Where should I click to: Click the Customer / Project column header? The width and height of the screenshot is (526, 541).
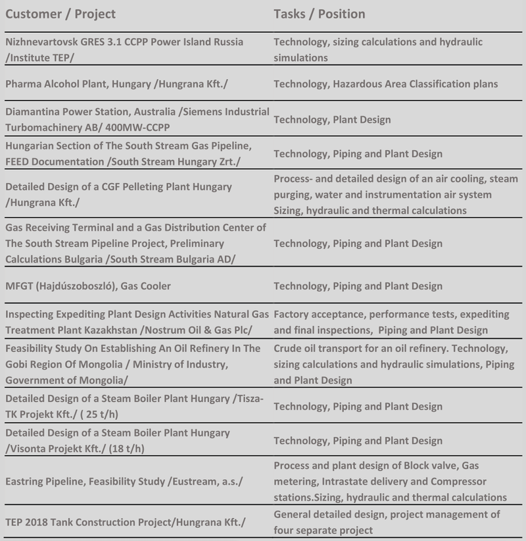click(x=60, y=14)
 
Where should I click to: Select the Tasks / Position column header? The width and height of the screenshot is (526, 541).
click(x=320, y=14)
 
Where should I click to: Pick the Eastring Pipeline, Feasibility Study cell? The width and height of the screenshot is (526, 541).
click(x=124, y=482)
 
